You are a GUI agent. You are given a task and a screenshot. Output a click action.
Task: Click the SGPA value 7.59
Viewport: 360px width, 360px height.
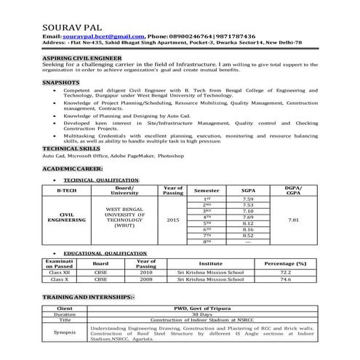pyautogui.click(x=248, y=199)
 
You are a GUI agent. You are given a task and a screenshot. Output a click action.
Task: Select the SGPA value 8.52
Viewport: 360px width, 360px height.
pyautogui.click(x=248, y=236)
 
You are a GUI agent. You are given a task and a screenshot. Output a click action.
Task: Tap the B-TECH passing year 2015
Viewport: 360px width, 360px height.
pyautogui.click(x=172, y=218)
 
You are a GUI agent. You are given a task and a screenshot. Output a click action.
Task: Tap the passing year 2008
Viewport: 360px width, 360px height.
pyautogui.click(x=146, y=279)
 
